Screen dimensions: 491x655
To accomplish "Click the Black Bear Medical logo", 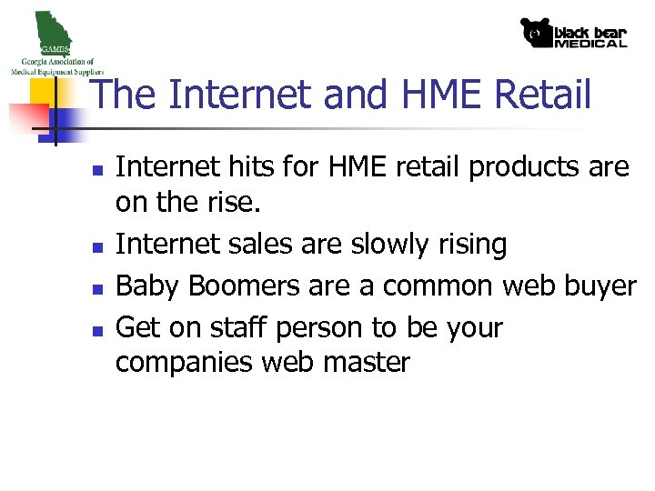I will pyautogui.click(x=573, y=34).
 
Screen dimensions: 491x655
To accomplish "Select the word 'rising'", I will pyautogui.click(x=474, y=245).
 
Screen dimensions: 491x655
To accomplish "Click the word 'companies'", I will pyautogui.click(x=186, y=364).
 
